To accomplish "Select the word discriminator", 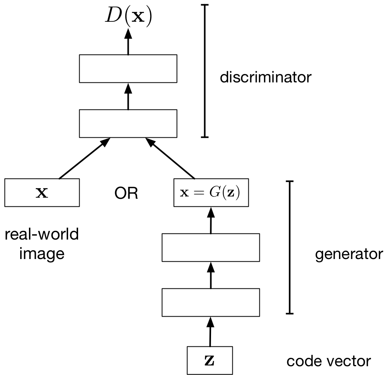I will [265, 77].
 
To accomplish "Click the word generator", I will [349, 254].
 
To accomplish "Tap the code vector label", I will [329, 361].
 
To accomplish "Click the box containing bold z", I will [209, 361].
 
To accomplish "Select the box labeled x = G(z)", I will [209, 193].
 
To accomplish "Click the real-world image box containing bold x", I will [42, 193].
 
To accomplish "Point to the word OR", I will [126, 194].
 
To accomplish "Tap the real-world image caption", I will [42, 243].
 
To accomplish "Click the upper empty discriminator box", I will [128, 69].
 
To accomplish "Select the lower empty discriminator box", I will [128, 123].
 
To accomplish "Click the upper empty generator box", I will [211, 248].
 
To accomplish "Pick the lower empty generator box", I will [211, 303].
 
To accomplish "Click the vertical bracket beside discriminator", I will [205, 71].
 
